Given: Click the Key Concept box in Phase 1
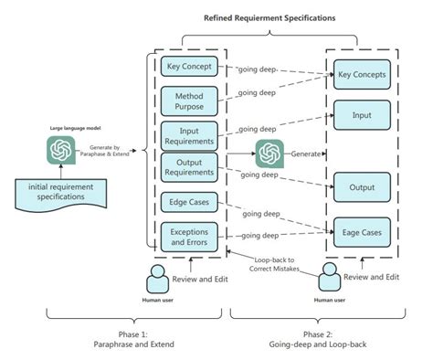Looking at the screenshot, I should coord(189,67).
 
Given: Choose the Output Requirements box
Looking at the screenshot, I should coord(189,167).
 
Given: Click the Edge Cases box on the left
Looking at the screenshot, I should coord(188,201).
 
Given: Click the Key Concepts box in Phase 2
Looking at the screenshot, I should coord(361,74).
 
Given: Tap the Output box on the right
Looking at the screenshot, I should coord(361,186).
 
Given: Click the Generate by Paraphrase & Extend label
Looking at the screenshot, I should coord(110,149).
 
